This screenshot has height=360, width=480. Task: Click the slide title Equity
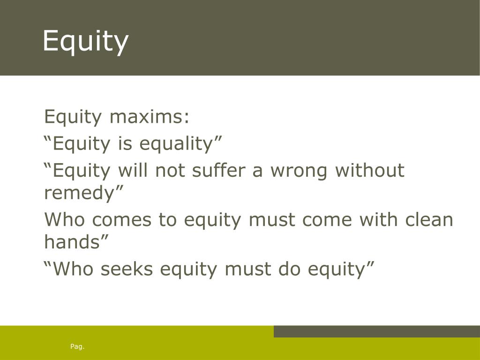[x=85, y=41]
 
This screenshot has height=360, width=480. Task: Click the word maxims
[x=150, y=117]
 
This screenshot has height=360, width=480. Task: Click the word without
[x=369, y=170]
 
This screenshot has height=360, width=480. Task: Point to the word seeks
[x=126, y=269]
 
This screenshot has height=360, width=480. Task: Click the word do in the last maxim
[x=290, y=269]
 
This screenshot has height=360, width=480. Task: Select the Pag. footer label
[x=77, y=346]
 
